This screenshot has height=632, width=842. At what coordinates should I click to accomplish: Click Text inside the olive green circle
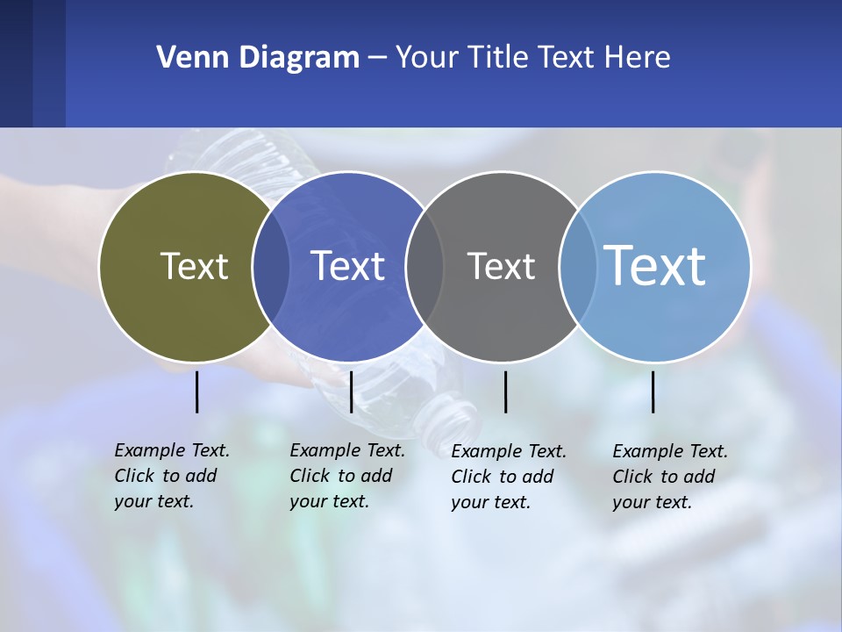point(194,266)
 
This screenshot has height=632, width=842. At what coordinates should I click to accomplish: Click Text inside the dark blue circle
point(347,266)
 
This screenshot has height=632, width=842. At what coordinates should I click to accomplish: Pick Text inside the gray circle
point(501,266)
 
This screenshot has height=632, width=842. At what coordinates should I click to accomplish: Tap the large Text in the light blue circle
point(655,266)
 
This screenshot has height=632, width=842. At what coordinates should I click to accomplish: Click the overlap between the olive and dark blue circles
point(270,267)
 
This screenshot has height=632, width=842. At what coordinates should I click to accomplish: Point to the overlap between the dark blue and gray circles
point(425,267)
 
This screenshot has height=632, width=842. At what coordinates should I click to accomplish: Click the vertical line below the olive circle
point(196,391)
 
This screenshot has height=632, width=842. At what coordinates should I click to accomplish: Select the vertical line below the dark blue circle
point(351,391)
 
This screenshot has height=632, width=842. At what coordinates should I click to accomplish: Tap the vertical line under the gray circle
point(505,391)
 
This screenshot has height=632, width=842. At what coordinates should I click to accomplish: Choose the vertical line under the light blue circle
point(653,391)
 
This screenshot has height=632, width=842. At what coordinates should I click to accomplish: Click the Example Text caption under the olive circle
point(171,476)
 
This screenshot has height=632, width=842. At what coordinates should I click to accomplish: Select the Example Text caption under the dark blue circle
point(346,476)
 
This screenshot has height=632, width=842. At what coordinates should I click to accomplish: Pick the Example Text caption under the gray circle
point(508,477)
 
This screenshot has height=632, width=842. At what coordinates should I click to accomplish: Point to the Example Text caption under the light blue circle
point(669,477)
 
